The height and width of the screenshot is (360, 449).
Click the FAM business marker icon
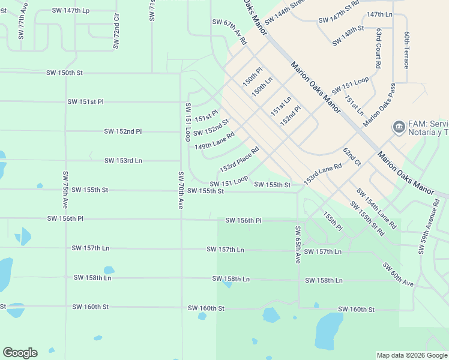(398, 127)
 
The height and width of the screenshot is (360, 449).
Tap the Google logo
(20, 353)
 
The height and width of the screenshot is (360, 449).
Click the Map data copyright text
(412, 355)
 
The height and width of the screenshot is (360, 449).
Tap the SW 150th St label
(64, 73)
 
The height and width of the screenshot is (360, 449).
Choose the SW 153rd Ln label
(123, 161)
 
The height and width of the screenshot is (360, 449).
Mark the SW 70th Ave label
(180, 190)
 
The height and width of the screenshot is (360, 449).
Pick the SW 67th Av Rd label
(229, 32)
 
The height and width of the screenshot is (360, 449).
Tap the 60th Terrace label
(406, 50)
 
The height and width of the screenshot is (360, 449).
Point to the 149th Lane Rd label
(214, 142)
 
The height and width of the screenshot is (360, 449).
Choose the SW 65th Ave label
(297, 245)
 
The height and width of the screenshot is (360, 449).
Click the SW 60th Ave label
(398, 274)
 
